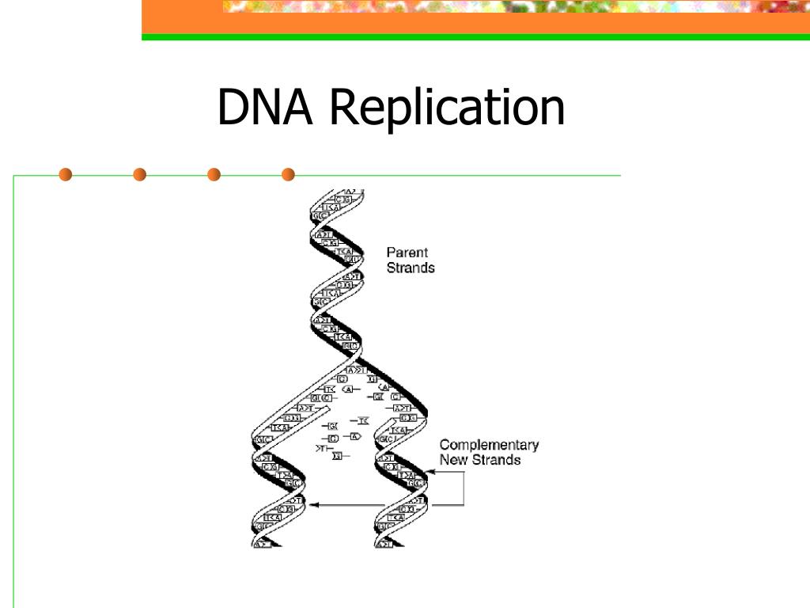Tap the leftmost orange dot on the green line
click(x=65, y=174)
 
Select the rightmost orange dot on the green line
click(x=288, y=174)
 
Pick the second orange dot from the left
click(x=140, y=174)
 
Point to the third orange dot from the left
click(x=214, y=174)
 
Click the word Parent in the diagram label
click(x=407, y=253)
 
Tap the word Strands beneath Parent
click(x=410, y=268)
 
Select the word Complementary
click(x=489, y=445)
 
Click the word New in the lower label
click(x=455, y=460)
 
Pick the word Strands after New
click(x=497, y=460)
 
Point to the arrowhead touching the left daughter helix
click(x=312, y=504)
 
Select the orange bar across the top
click(x=475, y=24)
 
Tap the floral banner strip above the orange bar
click(x=514, y=6)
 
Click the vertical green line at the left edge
click(x=14, y=396)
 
